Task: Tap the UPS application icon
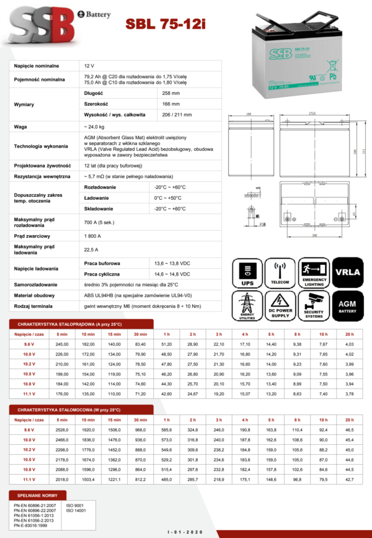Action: (x=248, y=274)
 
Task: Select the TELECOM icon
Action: (x=280, y=274)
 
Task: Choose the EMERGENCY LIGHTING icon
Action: (x=314, y=274)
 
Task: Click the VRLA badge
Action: (x=348, y=274)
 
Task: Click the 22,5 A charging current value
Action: (x=91, y=250)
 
